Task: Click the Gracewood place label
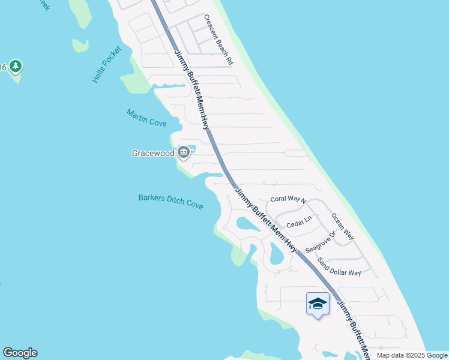coord(153,153)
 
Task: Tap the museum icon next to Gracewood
coord(184,153)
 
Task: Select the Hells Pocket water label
coord(107,64)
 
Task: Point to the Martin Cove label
coord(146,117)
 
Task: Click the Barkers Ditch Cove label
coord(170,201)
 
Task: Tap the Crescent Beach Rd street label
coord(218,40)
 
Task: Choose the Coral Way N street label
coord(288,199)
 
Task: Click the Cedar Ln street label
coord(300,223)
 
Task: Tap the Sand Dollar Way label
coord(339,267)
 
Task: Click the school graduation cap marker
coord(318,304)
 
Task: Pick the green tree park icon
coord(16,66)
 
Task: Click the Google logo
coord(20,353)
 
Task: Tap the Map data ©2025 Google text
coord(412,355)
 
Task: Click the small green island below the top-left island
coord(80,45)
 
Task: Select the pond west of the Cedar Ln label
coord(248,224)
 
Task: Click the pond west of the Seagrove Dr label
coord(276,254)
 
